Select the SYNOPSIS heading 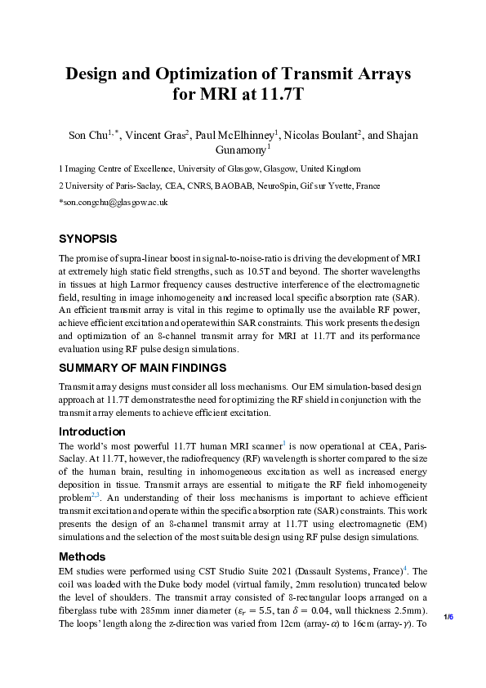pyautogui.click(x=88, y=239)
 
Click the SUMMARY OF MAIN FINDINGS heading pyautogui.click(x=142, y=368)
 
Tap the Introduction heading pyautogui.click(x=92, y=431)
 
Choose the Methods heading pyautogui.click(x=82, y=557)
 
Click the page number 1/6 pyautogui.click(x=448, y=616)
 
